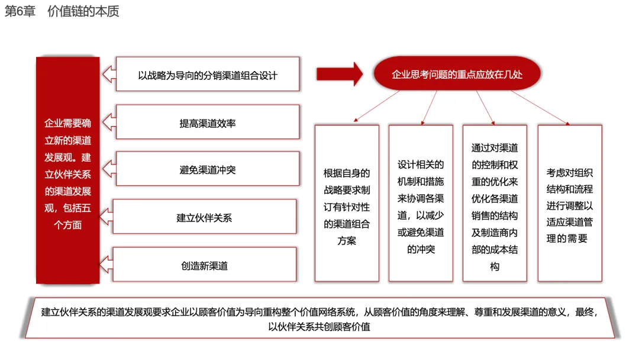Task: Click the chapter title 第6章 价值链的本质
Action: [x=62, y=11]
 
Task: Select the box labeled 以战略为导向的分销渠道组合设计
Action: [x=208, y=74]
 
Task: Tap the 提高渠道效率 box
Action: [x=208, y=123]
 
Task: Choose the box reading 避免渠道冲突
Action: [x=208, y=169]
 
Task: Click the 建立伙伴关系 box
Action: [x=205, y=217]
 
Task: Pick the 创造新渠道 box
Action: [x=205, y=264]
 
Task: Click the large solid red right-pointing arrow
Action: [x=340, y=74]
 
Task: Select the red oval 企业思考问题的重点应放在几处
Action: [x=457, y=73]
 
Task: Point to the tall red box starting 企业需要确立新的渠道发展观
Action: [x=67, y=170]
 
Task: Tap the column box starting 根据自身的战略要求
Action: [x=347, y=203]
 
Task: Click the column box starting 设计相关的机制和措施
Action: [x=421, y=203]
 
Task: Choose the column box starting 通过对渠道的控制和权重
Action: [x=495, y=203]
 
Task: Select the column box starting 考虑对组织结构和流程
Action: [x=570, y=203]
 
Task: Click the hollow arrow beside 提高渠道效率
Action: [x=109, y=122]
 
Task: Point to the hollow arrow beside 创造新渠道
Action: [x=106, y=264]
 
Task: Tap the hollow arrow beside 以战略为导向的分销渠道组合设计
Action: [x=109, y=74]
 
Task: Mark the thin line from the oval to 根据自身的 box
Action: [x=376, y=106]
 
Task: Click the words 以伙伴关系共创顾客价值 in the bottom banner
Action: [x=319, y=327]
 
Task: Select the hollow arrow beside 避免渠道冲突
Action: [x=109, y=169]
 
